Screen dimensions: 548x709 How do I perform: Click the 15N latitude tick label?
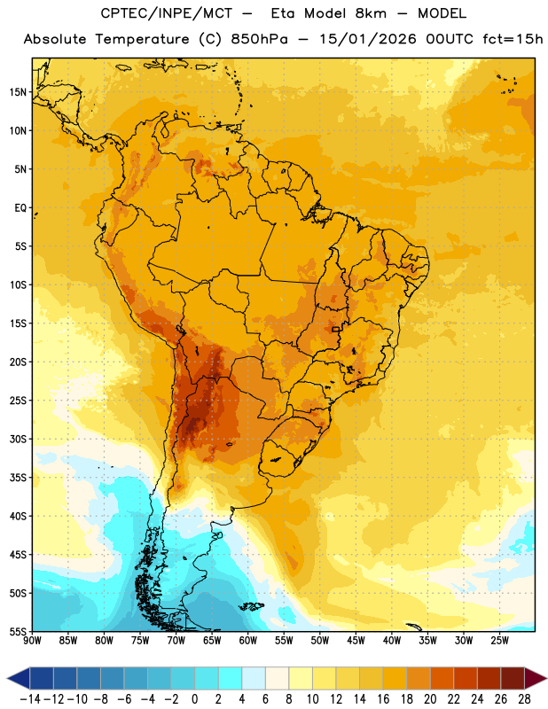click(x=18, y=92)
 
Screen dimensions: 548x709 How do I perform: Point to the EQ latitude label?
click(x=20, y=208)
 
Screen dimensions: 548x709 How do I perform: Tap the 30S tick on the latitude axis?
click(x=18, y=439)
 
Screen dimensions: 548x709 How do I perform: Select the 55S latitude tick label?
click(x=18, y=632)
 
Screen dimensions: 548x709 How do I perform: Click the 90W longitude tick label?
click(x=32, y=641)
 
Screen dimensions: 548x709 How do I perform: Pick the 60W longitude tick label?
click(x=248, y=641)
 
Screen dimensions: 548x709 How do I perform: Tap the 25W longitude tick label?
click(x=499, y=641)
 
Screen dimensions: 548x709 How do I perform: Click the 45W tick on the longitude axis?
click(x=356, y=641)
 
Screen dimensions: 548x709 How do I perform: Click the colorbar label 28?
click(x=524, y=699)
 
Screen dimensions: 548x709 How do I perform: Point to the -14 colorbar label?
click(x=30, y=699)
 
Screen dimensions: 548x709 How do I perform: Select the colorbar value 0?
click(x=194, y=699)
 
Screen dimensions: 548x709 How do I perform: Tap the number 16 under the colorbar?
click(x=383, y=699)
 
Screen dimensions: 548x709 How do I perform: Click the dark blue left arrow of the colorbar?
click(x=19, y=678)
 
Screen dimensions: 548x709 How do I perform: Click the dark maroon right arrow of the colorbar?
click(x=536, y=678)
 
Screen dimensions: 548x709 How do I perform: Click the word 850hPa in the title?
click(x=259, y=39)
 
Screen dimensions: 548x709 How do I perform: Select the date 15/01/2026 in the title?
click(x=368, y=39)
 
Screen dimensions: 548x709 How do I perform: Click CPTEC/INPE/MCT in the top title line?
click(x=166, y=13)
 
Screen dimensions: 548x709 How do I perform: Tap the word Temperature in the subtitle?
click(x=142, y=39)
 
